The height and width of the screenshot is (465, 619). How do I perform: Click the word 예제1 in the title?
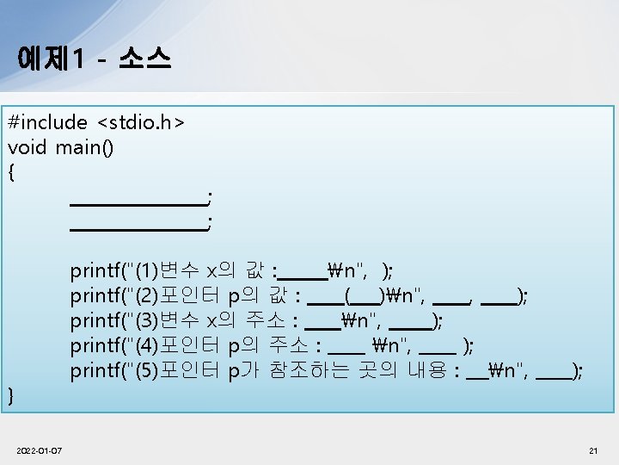[x=50, y=59]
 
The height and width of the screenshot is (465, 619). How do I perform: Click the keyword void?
[x=27, y=148]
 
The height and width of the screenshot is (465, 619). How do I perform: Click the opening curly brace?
[x=11, y=172]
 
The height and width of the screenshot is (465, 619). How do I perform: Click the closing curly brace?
[x=11, y=396]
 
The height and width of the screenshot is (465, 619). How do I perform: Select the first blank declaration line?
[x=138, y=203]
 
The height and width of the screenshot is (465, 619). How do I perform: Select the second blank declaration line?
[x=138, y=228]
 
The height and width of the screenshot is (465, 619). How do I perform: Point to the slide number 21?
[x=593, y=450]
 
